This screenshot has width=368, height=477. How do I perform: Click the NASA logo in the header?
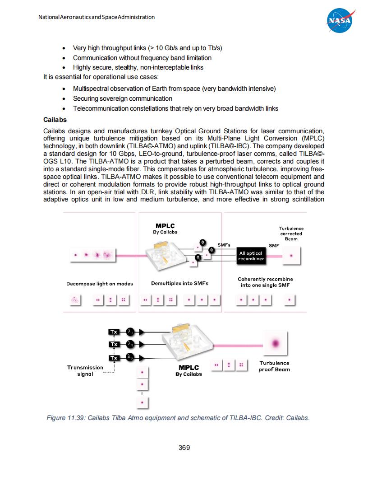[340, 21]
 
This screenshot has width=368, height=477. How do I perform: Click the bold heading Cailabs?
[55, 120]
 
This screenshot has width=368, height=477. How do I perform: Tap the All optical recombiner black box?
[252, 256]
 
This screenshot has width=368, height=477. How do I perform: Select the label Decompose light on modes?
[100, 284]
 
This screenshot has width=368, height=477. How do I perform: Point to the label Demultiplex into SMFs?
[179, 284]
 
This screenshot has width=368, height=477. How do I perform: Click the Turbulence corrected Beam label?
[291, 234]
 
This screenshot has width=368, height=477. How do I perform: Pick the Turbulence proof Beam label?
[274, 366]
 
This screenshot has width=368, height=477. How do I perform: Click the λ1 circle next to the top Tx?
[129, 332]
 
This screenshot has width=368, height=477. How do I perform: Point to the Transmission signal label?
[85, 370]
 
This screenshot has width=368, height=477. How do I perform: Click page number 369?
[184, 448]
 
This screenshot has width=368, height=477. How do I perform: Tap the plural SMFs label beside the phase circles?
[224, 245]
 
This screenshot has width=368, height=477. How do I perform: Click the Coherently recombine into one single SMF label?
[265, 282]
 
